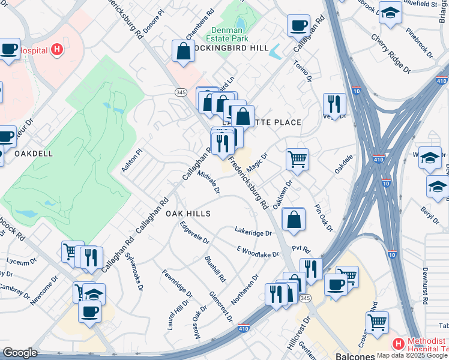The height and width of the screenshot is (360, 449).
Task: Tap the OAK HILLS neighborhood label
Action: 188,214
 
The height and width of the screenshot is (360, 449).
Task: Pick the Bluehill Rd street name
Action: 215,269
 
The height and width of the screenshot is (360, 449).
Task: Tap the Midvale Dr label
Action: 209,182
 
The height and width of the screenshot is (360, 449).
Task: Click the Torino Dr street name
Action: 303,70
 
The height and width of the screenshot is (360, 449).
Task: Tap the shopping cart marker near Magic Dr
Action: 297,159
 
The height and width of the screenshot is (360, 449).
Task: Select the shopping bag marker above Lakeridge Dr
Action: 293,219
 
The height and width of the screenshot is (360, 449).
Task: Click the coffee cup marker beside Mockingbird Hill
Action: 298,26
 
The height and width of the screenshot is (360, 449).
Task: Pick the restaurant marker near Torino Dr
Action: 334,104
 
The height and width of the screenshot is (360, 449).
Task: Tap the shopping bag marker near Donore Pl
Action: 183,51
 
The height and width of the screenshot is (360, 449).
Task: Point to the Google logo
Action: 20,353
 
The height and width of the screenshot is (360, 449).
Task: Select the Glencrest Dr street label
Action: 221,307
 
